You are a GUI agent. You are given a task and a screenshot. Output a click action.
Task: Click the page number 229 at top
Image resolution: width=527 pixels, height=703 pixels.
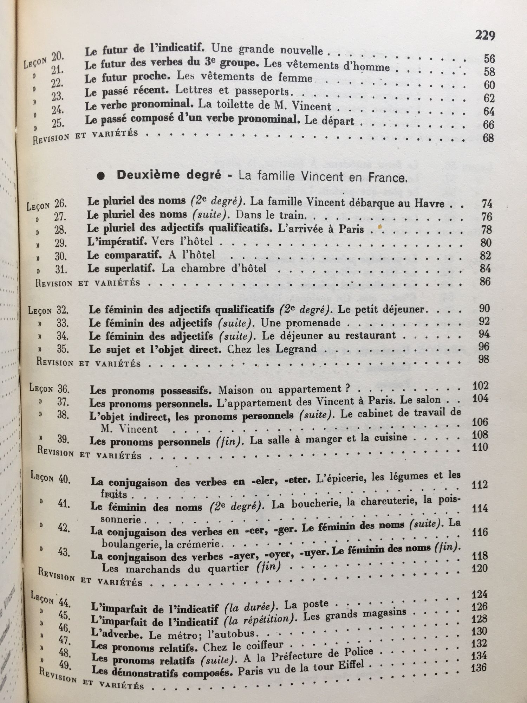pyautogui.click(x=485, y=35)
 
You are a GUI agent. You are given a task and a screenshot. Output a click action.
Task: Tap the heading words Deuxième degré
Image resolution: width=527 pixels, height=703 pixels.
pyautogui.click(x=169, y=175)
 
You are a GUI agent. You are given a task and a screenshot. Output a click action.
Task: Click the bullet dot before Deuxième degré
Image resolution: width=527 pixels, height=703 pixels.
pyautogui.click(x=101, y=176)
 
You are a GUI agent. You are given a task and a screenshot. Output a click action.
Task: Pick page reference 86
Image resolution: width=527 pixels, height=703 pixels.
pyautogui.click(x=485, y=281)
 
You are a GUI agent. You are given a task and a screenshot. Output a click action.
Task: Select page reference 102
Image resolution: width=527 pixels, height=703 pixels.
pyautogui.click(x=480, y=386)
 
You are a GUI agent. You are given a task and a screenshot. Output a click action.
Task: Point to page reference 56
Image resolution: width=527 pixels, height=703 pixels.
pyautogui.click(x=489, y=58)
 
